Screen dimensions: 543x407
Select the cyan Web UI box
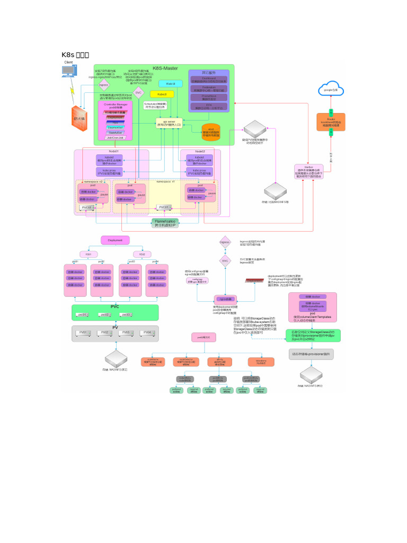coord(171,83)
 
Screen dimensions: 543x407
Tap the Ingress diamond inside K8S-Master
coord(104,84)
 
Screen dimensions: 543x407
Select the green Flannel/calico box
coord(165,223)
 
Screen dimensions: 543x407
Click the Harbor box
coord(309,171)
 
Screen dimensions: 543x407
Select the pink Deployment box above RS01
coord(115,240)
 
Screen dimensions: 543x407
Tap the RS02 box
coord(139,254)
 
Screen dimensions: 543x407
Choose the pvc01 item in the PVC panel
coord(82,315)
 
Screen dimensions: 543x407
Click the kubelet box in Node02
coord(200,159)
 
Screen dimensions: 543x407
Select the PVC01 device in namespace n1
coord(164,207)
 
